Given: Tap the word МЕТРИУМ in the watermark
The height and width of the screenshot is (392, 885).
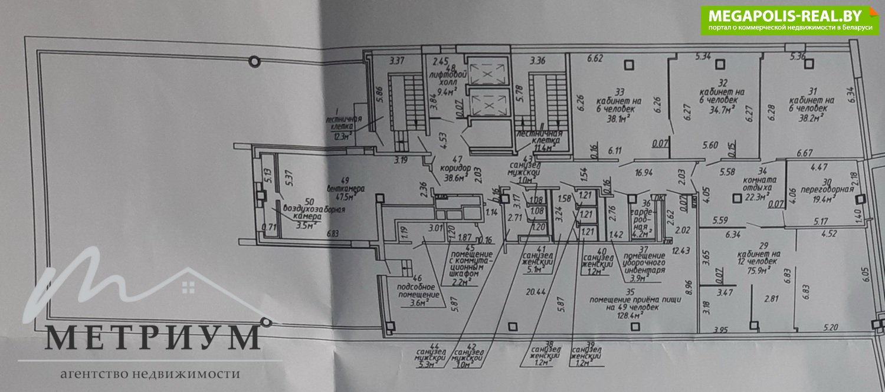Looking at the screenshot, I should pyautogui.click(x=152, y=337).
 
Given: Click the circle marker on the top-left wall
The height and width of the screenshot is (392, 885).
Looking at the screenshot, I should pyautogui.click(x=254, y=60).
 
